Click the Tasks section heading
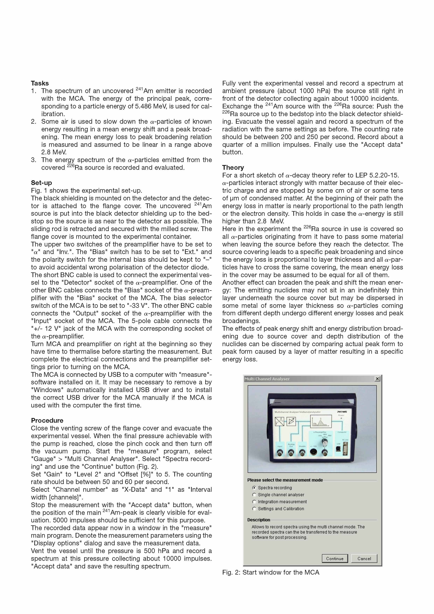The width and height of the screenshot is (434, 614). [40, 83]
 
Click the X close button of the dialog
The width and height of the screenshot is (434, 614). [377, 379]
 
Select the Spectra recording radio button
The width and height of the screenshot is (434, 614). [254, 488]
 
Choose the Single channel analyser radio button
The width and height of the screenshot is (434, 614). [254, 495]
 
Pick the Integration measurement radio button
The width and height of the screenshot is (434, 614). [254, 502]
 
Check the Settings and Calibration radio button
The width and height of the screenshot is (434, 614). [254, 509]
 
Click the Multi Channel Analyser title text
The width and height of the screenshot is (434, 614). [267, 379]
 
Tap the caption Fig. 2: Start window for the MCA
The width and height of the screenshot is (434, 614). [271, 572]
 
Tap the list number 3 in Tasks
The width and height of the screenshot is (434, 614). [33, 160]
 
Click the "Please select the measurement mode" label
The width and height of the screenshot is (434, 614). [285, 480]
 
